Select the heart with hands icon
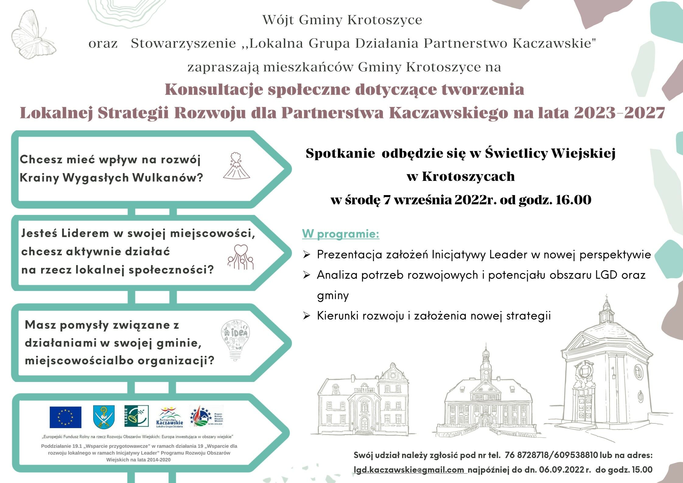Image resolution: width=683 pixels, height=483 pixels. pos(240,257)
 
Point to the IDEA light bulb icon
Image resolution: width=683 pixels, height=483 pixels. pos(235,340)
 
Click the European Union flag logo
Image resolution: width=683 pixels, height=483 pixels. pos(65,417)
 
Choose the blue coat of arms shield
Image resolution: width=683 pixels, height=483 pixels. pos(104,417)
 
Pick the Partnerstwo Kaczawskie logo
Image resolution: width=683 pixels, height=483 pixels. pos(170,417)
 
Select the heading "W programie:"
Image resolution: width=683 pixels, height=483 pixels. pos(341,234)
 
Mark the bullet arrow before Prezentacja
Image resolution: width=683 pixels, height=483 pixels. pos(306,255)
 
